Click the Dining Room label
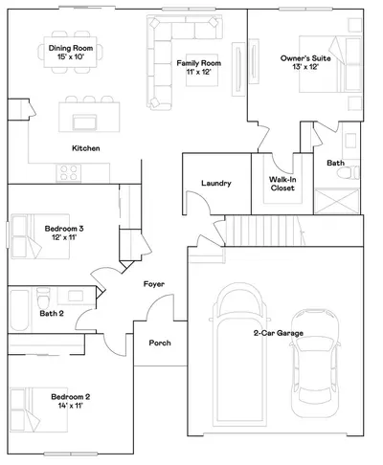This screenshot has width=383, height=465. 71,48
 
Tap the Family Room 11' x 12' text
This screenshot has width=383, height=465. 198,67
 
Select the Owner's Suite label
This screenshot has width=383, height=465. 305,58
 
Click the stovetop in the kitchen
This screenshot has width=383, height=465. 69,173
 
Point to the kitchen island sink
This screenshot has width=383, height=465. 84,122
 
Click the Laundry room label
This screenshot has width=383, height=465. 216,183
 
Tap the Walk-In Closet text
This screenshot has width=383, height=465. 282,184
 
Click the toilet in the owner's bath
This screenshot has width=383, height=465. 349,173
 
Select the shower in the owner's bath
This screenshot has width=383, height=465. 337,201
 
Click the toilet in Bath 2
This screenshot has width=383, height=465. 43,298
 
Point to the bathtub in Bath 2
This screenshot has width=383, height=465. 19,310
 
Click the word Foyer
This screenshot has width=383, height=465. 154,284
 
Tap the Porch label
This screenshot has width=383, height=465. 160,343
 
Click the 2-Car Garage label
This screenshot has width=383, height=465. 279,333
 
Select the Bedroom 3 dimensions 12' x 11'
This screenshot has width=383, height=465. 64,237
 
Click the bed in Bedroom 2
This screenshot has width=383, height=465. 39,410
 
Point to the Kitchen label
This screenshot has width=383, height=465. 86,148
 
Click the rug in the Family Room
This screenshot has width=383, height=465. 202,70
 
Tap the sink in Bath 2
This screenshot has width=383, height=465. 76,296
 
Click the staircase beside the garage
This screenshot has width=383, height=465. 264,231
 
